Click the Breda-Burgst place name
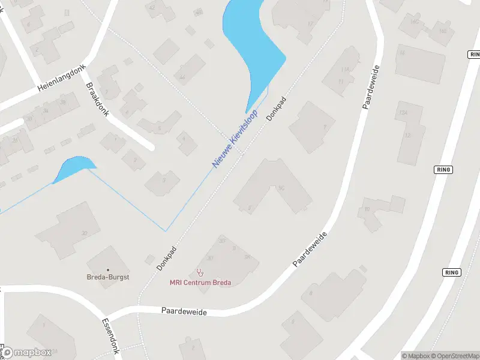(108, 278)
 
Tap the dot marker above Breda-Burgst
(108, 270)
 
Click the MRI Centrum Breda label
(200, 283)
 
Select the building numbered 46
(182, 77)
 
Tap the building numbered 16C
(414, 22)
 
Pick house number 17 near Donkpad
(310, 24)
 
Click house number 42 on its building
(152, 8)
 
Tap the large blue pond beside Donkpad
(252, 42)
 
